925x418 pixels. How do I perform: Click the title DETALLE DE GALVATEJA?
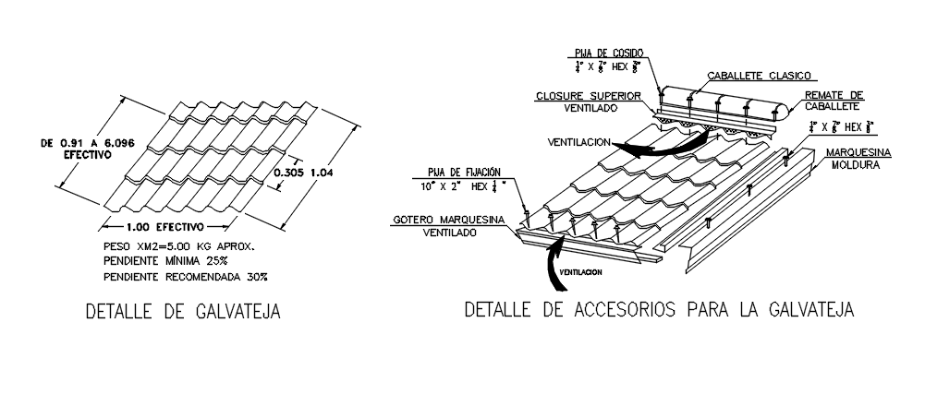pos(182,312)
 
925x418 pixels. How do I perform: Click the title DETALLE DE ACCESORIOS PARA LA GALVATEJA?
pos(660,309)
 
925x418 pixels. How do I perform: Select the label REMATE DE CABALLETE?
pos(834,101)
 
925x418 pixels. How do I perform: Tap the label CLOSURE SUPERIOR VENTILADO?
pos(582,102)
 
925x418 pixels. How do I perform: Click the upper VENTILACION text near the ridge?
pos(583,143)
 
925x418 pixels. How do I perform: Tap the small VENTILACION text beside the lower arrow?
pos(580,271)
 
